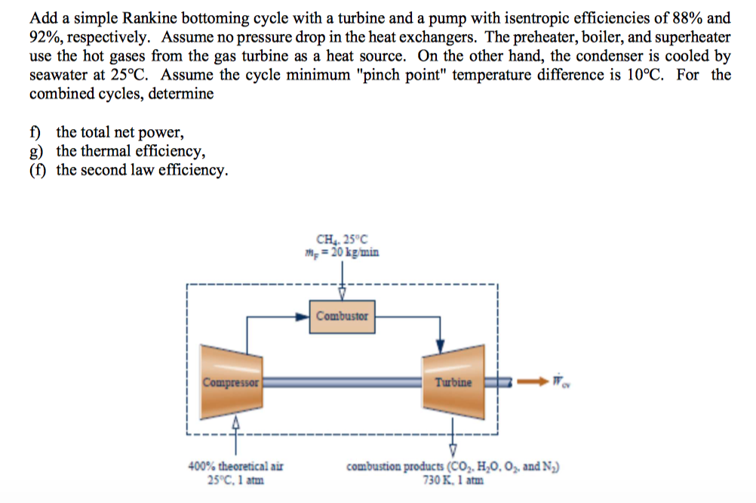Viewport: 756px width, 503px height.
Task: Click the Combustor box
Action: coord(342,316)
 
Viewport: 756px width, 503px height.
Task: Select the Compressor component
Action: coord(230,381)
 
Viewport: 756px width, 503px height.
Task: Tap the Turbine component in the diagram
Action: coord(453,382)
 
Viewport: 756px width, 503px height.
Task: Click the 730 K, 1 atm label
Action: coord(453,479)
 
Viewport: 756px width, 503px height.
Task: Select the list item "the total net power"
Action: coord(120,133)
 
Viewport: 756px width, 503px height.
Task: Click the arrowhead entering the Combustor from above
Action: coord(342,295)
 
